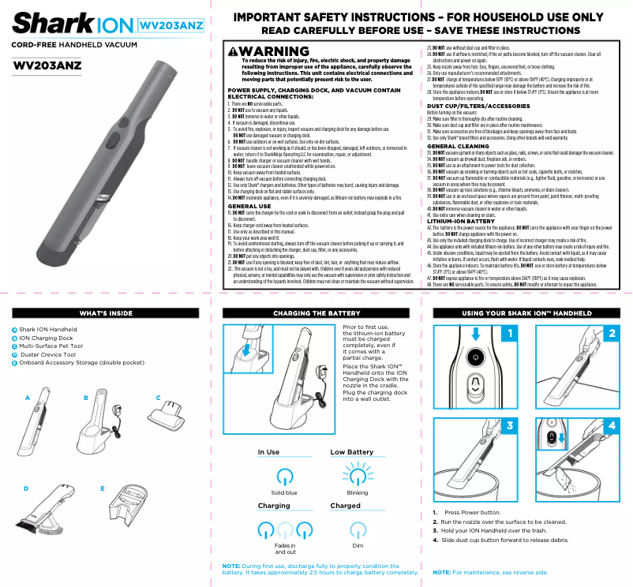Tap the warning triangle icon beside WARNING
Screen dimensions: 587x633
(x=233, y=52)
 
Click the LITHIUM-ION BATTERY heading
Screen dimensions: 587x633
(x=461, y=222)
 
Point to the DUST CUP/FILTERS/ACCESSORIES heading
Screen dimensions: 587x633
(x=473, y=106)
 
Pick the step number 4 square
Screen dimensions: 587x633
(x=612, y=425)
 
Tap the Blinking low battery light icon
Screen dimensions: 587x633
(x=358, y=476)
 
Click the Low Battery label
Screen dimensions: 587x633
(x=351, y=452)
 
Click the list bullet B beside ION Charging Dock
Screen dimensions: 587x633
(x=14, y=338)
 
